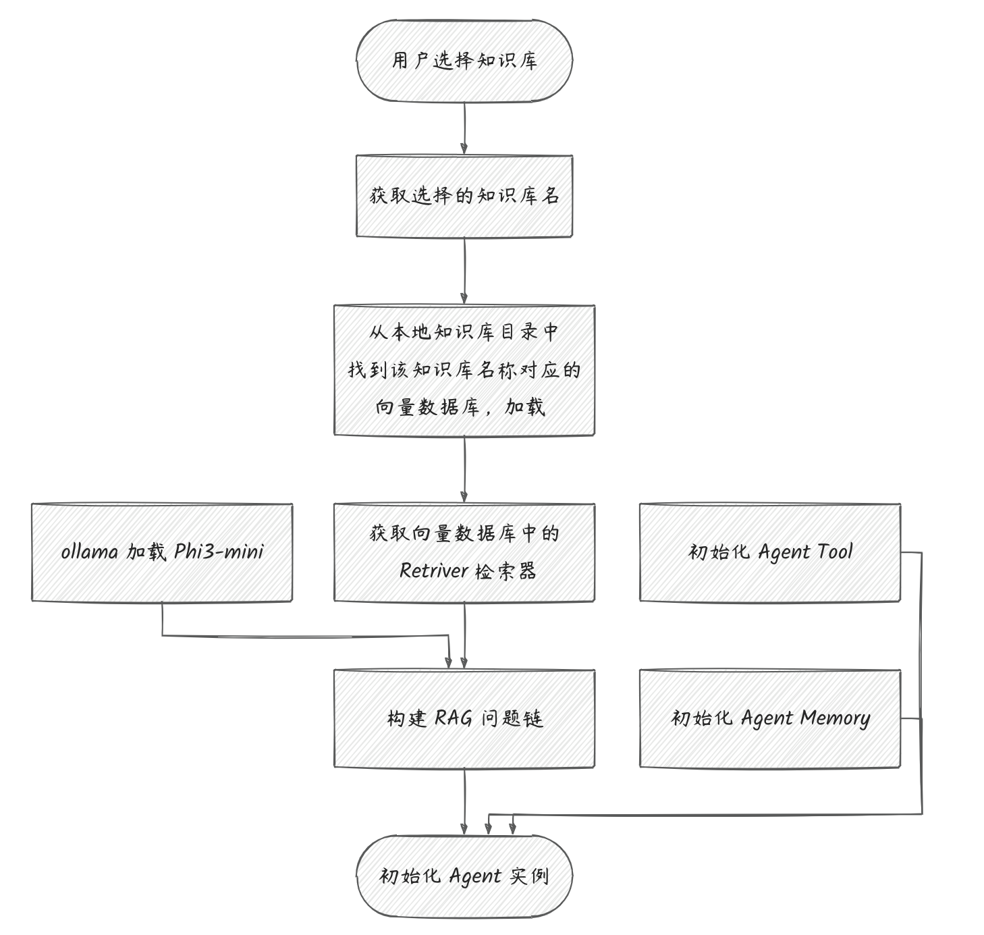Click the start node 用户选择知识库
464,61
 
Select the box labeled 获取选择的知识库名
464,196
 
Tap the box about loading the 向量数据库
464,370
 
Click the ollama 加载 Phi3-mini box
162,552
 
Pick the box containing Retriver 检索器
464,552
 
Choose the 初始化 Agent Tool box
770,552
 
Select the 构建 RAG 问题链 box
464,719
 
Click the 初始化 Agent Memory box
770,719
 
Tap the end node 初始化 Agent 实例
464,876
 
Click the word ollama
90,552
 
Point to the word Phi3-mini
219,552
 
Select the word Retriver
434,570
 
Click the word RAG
453,718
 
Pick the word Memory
835,719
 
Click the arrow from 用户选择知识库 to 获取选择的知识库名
464,129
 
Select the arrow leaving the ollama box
305,636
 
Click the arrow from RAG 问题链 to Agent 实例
464,801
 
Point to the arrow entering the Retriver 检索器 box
464,470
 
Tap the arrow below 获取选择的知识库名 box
464,271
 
